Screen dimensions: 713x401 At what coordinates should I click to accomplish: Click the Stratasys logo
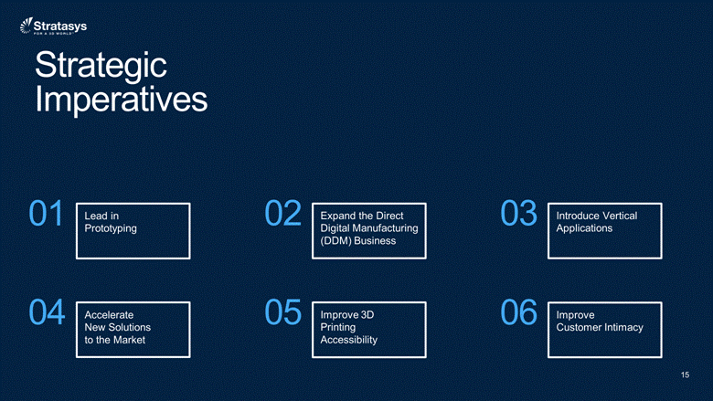(x=53, y=26)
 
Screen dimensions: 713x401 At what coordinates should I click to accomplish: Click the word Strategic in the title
(x=101, y=66)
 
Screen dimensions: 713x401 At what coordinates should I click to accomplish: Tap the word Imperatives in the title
(x=122, y=99)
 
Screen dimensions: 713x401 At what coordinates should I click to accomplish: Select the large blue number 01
(x=46, y=213)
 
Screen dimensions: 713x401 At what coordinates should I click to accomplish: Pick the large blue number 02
(x=282, y=213)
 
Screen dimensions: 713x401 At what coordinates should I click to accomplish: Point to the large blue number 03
(x=519, y=213)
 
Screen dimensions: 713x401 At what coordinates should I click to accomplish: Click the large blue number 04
(x=47, y=312)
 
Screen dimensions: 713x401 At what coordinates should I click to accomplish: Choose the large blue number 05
(x=282, y=312)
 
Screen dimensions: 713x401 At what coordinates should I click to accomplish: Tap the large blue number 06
(x=519, y=312)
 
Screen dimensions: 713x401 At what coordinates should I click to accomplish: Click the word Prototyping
(x=111, y=229)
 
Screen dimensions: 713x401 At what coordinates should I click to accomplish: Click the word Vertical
(x=619, y=216)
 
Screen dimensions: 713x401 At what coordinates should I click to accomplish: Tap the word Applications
(x=584, y=229)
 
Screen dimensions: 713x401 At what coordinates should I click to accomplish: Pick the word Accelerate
(x=109, y=315)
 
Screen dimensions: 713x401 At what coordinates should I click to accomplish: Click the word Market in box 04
(x=130, y=340)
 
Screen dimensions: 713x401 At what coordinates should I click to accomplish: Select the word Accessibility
(x=349, y=340)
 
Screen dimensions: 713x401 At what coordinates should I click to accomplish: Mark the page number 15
(x=686, y=375)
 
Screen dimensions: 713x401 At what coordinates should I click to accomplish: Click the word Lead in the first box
(x=95, y=216)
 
